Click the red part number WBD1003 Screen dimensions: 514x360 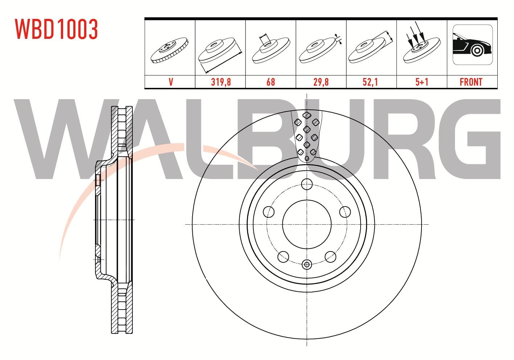(x=56, y=29)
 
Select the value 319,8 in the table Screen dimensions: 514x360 (x=221, y=82)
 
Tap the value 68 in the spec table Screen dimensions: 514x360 (x=271, y=82)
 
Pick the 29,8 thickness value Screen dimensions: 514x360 (x=321, y=82)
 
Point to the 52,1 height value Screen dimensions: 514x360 (x=370, y=82)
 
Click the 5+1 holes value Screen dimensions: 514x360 (x=422, y=82)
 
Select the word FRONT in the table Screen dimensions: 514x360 (x=471, y=82)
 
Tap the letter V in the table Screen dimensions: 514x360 (x=171, y=82)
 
